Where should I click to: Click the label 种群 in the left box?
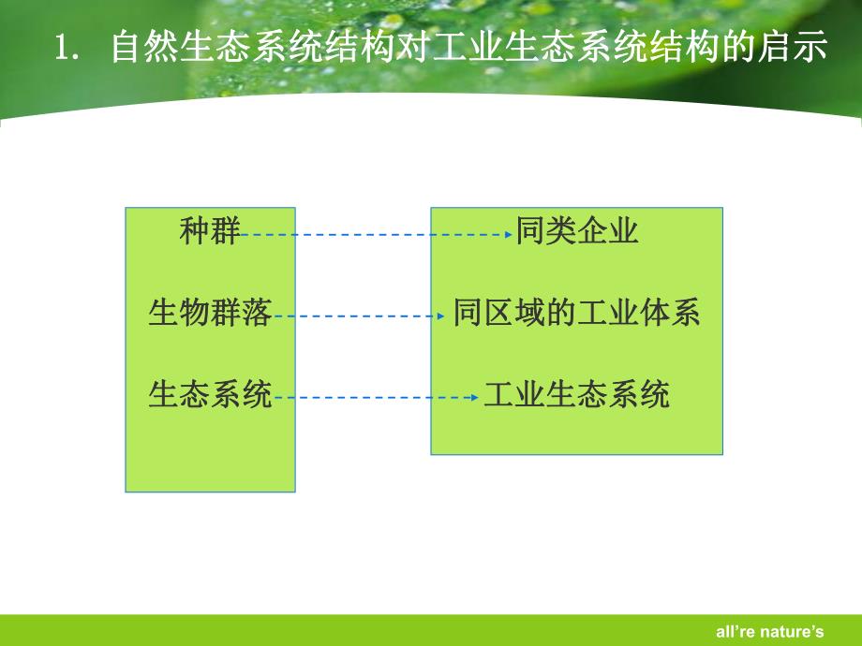point(210,231)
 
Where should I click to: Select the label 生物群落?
point(210,313)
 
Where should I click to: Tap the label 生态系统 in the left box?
point(210,395)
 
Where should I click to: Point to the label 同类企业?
point(577,231)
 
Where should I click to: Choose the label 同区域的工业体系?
point(577,313)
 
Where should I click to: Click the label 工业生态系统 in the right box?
point(577,395)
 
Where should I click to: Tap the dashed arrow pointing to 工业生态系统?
point(375,398)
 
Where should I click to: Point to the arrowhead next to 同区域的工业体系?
point(441,316)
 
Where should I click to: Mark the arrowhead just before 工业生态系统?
point(475,398)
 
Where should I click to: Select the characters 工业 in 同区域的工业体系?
point(608,313)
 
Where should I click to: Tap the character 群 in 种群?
point(225,231)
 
